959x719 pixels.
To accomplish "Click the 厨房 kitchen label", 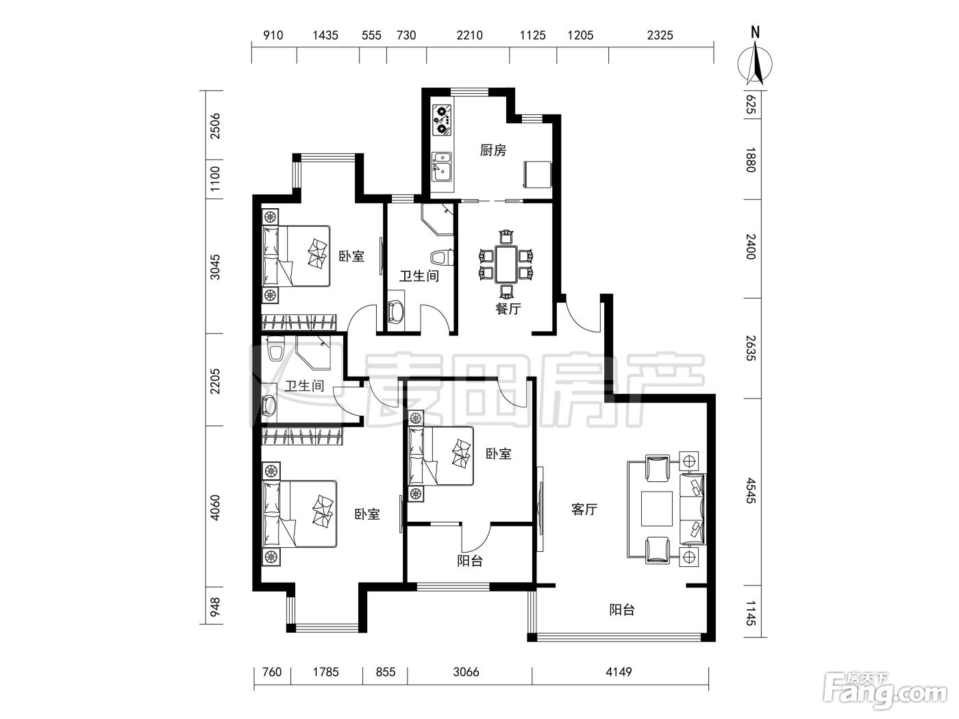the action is (x=493, y=150).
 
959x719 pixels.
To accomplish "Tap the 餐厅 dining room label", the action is (x=508, y=309).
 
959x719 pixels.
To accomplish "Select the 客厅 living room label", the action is (x=584, y=509).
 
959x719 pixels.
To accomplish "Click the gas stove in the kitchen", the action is (x=442, y=119).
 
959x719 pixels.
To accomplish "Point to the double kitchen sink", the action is (x=442, y=166).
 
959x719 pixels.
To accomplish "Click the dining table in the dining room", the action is (x=506, y=264).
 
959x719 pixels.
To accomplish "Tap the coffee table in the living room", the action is (x=657, y=509).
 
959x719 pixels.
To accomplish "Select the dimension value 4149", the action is (x=619, y=672).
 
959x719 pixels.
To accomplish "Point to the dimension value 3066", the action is (x=466, y=672).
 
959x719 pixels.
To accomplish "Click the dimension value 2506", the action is (x=215, y=126).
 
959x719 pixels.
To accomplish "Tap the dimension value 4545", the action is (x=750, y=491).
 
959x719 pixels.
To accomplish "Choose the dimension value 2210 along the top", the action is (x=470, y=35).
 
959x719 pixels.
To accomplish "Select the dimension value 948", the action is (x=215, y=607).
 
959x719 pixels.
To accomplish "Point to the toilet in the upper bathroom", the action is (x=442, y=257).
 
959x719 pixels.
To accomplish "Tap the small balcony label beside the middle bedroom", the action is (x=470, y=561).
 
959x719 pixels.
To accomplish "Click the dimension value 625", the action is (x=750, y=104).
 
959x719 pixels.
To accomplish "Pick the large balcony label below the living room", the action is (x=622, y=610).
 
